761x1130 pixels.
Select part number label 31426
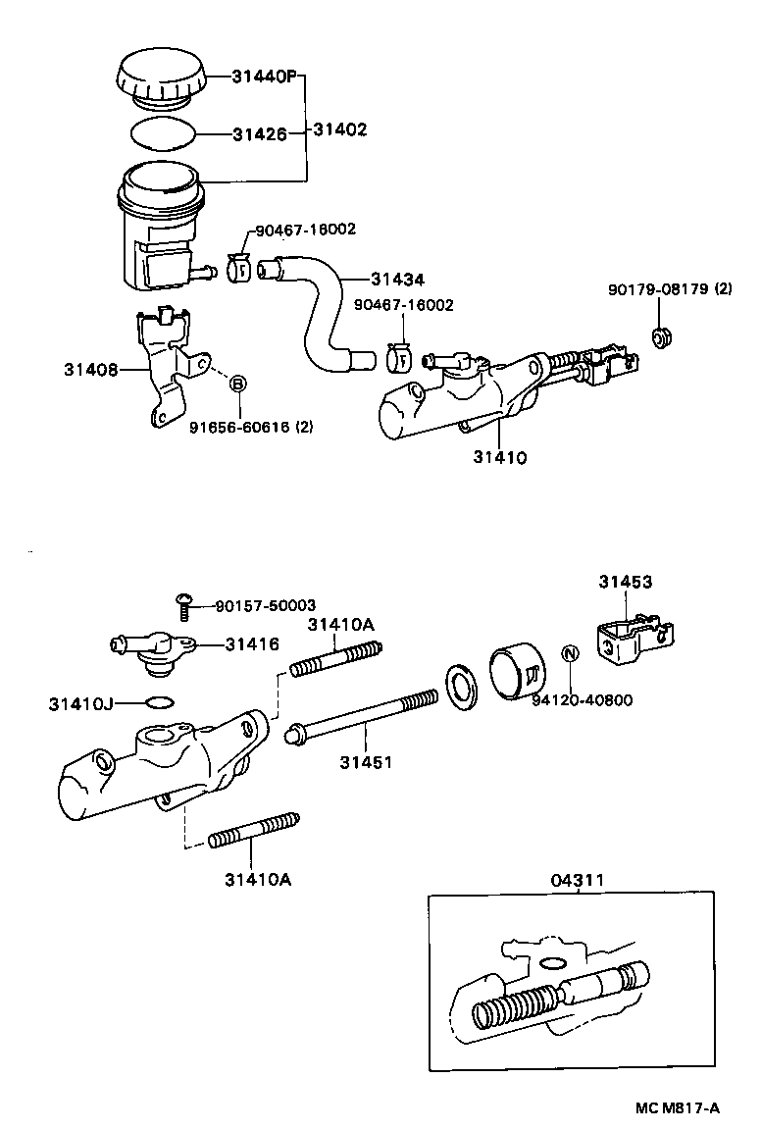click(259, 134)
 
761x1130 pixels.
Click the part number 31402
click(339, 129)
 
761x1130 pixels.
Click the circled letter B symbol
click(237, 385)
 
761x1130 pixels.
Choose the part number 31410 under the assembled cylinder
click(500, 456)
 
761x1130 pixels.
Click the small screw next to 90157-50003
click(184, 606)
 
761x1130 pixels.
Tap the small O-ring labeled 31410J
click(161, 702)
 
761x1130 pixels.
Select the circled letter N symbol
click(569, 654)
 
